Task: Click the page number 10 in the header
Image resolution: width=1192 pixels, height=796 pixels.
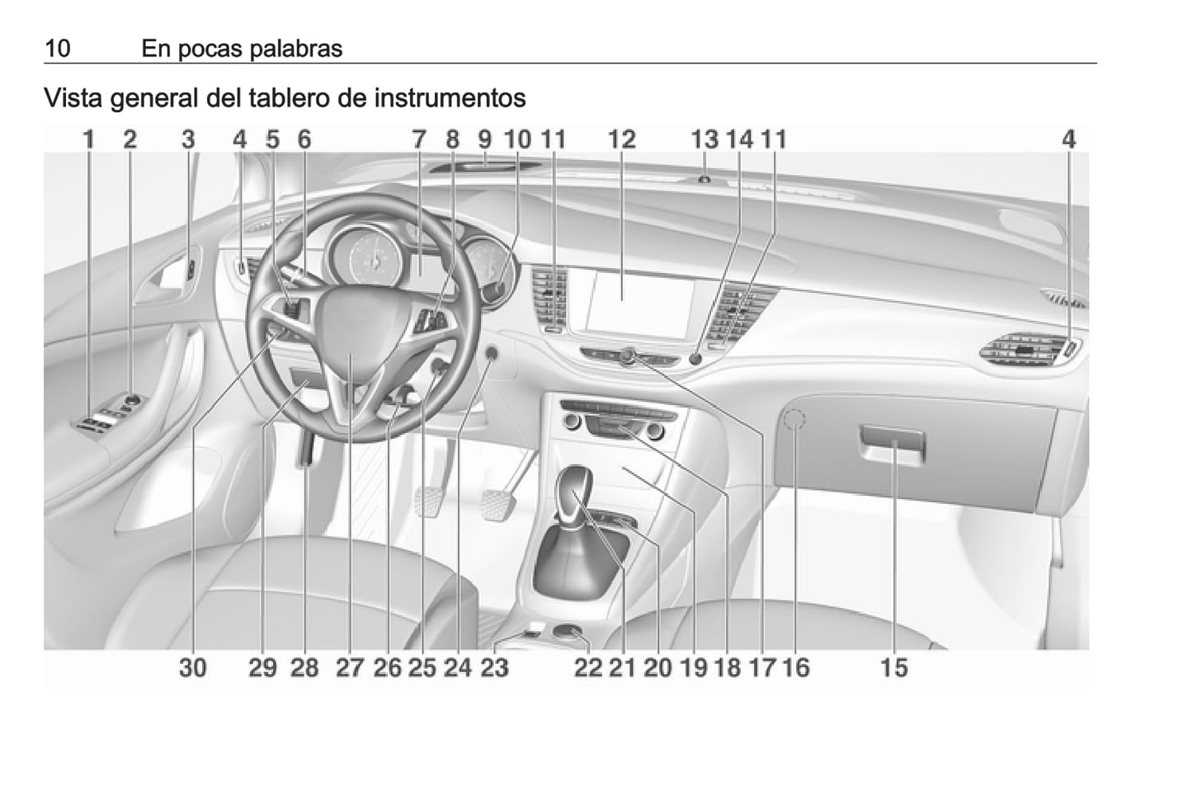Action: [x=58, y=49]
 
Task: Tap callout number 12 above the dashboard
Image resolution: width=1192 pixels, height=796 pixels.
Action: [x=621, y=139]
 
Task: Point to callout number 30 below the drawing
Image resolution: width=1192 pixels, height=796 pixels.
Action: [x=193, y=667]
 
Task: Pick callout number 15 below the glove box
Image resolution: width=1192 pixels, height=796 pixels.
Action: [x=894, y=667]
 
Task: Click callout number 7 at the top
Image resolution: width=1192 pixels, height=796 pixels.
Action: [x=419, y=139]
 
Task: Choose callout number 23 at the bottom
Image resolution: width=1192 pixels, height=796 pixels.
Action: [x=494, y=667]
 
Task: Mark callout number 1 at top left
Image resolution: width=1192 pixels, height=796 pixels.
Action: [x=89, y=139]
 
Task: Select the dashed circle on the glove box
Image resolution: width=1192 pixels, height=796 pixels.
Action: [x=794, y=421]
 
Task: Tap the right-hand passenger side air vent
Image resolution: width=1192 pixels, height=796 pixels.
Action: [x=1029, y=352]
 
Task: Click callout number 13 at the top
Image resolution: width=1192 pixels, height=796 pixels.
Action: [x=704, y=139]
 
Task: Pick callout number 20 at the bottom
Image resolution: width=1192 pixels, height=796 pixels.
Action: [x=657, y=667]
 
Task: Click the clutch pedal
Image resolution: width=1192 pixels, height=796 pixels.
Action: [x=428, y=502]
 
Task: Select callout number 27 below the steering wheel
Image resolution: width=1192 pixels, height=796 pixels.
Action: [x=350, y=667]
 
